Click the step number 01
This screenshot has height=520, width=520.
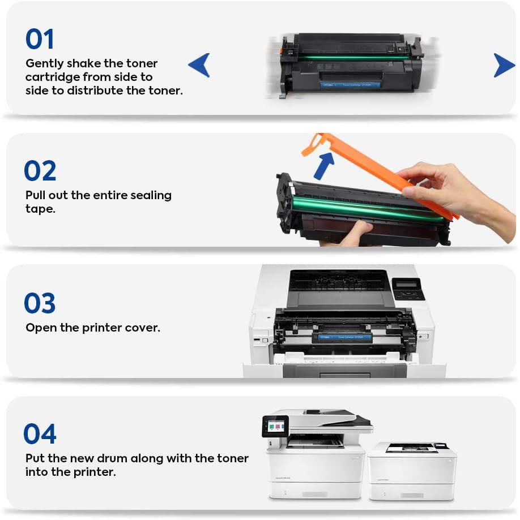click(x=40, y=39)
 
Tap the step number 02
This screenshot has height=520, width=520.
click(x=40, y=171)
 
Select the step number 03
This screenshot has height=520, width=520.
click(x=40, y=303)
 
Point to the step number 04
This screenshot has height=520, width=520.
click(x=40, y=434)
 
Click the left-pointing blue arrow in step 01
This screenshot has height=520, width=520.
click(x=199, y=65)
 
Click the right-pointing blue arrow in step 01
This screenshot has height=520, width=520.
click(x=504, y=65)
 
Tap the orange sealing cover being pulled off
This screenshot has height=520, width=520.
click(x=385, y=170)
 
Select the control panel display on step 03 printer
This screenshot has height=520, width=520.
click(x=408, y=285)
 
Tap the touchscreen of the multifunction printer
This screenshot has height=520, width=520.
click(x=276, y=426)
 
